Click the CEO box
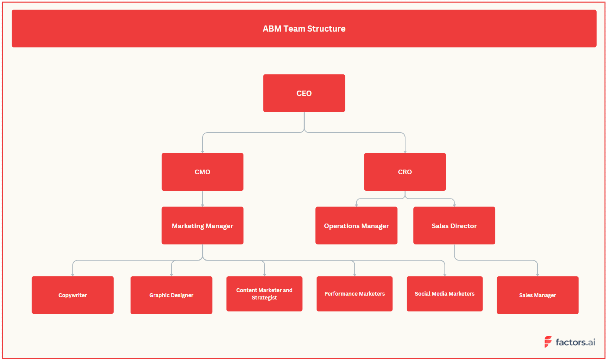tap(304, 93)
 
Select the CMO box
tap(202, 172)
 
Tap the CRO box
tap(405, 172)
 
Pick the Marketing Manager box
tap(202, 225)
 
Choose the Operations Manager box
tap(356, 225)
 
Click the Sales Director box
tap(454, 225)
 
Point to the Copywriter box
tap(72, 295)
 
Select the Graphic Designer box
tap(171, 295)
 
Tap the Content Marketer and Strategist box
tap(264, 294)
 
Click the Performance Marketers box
tap(354, 294)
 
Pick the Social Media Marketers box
tap(444, 294)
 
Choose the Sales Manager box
tap(537, 295)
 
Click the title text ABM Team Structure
tap(304, 29)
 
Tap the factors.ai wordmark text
tap(575, 342)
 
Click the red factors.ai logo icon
tap(548, 341)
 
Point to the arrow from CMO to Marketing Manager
tap(203, 199)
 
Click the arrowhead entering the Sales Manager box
tap(537, 274)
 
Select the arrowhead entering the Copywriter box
tap(72, 274)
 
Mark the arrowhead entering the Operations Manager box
tap(356, 205)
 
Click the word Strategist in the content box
tap(264, 298)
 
